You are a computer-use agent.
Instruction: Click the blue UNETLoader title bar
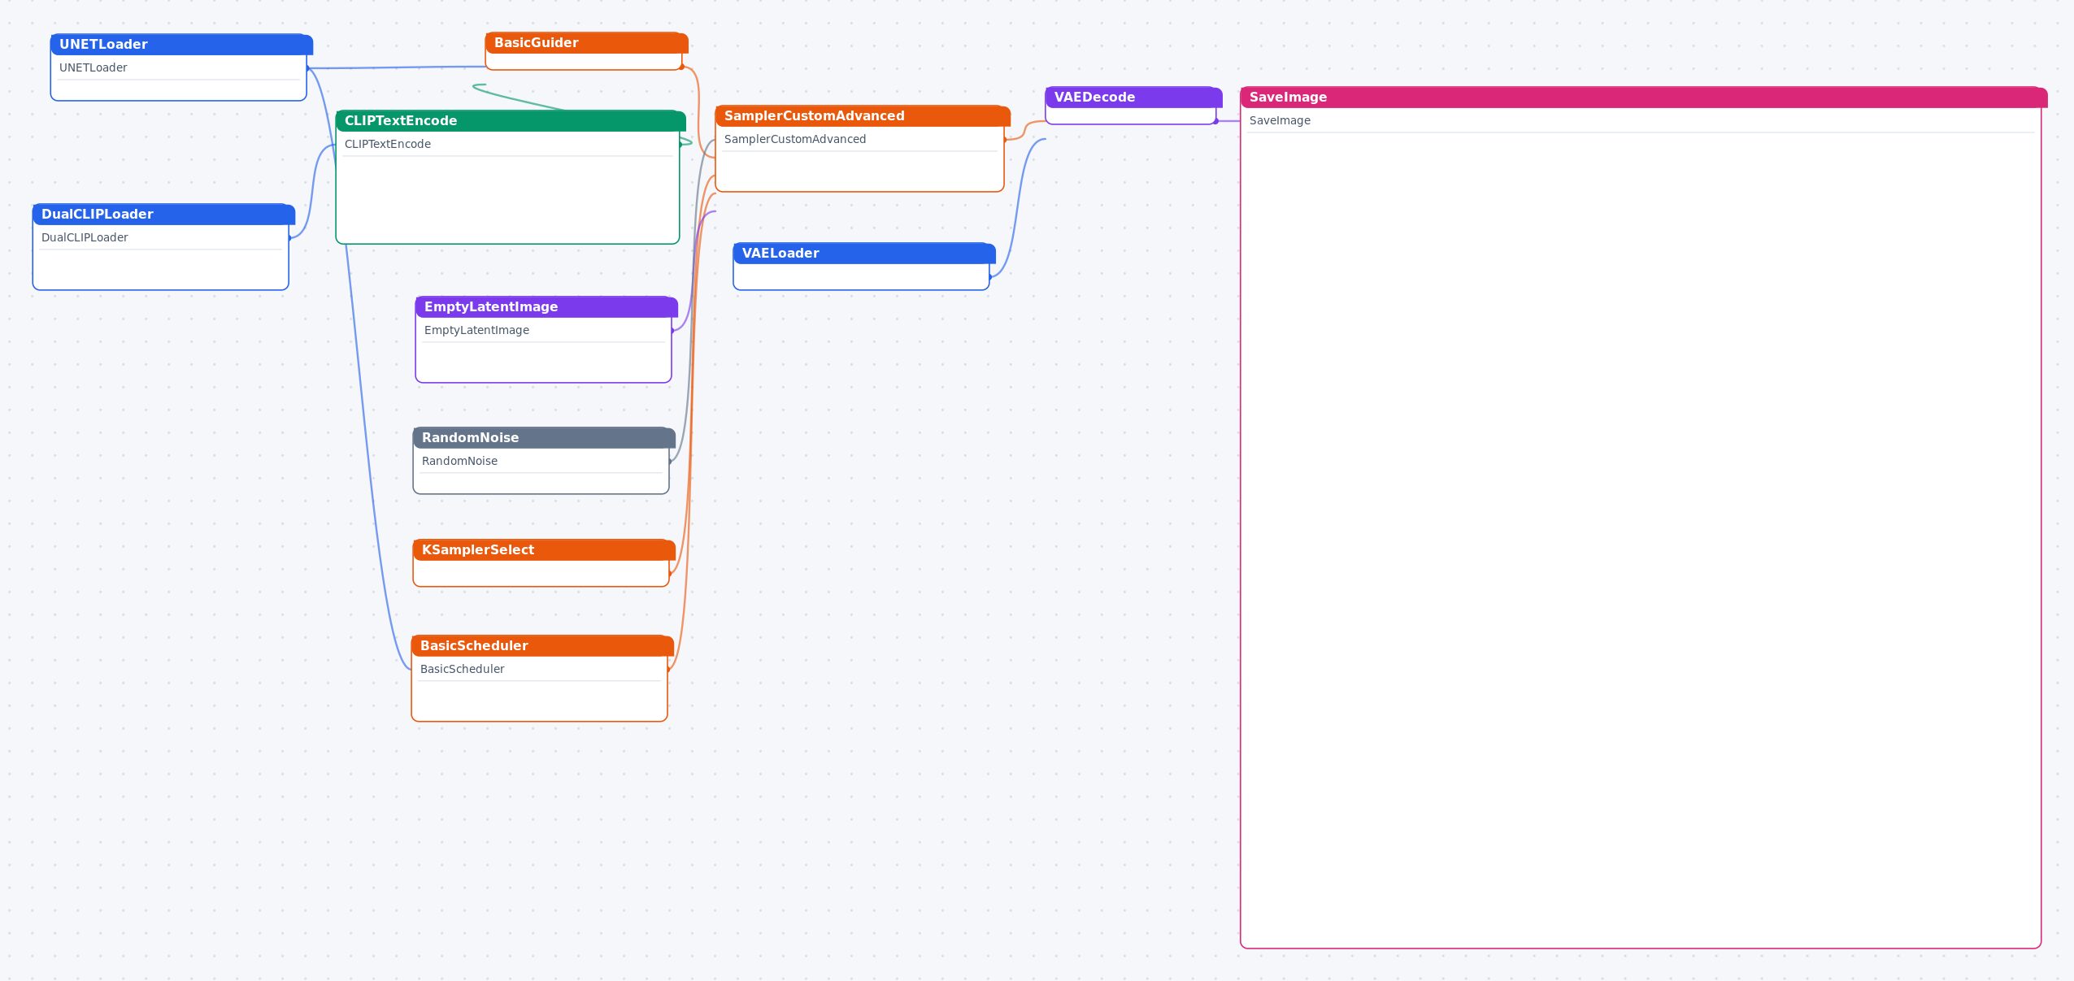pos(181,45)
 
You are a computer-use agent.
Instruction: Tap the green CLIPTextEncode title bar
pos(511,121)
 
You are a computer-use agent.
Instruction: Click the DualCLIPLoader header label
pos(98,215)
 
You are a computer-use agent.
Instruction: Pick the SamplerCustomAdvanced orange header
pos(863,116)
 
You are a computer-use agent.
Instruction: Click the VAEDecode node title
pos(1094,98)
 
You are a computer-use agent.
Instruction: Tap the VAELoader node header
pos(864,254)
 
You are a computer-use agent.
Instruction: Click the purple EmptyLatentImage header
pos(546,307)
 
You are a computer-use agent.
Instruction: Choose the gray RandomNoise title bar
pos(544,438)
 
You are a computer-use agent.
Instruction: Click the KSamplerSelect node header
pos(544,550)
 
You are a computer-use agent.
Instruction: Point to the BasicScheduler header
pos(542,646)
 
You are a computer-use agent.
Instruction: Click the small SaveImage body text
pos(1280,121)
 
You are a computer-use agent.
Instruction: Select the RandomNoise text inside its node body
pos(459,462)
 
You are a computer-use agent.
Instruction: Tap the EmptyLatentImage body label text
pos(476,331)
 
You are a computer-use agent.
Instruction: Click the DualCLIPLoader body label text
pos(85,238)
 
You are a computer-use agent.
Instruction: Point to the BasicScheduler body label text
pos(462,670)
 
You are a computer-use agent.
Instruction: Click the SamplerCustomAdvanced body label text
pos(795,140)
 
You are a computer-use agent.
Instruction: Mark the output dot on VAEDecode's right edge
pos(1216,121)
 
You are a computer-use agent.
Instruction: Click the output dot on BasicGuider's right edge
pos(682,67)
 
